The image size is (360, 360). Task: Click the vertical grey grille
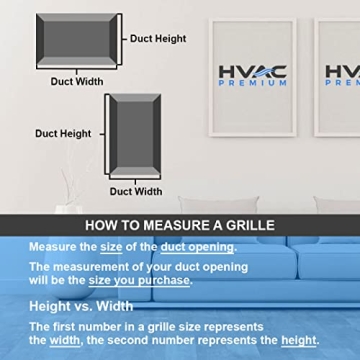(133, 134)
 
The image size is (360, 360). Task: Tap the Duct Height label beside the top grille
(158, 39)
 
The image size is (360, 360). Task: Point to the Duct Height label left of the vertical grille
(63, 133)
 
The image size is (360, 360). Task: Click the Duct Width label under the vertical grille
(135, 191)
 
